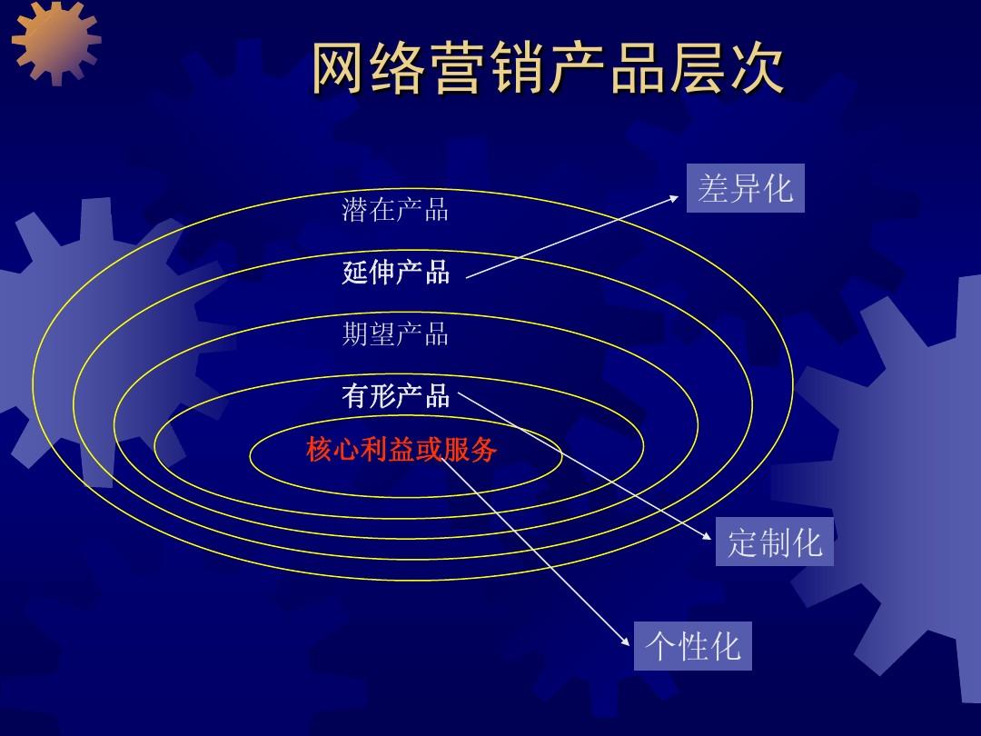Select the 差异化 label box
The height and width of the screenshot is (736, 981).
tap(745, 188)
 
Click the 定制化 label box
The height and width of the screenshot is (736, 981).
tap(774, 542)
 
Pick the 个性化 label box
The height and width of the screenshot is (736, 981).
tap(692, 645)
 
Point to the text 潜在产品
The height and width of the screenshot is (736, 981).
tap(395, 210)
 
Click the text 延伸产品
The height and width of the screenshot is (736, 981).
tap(395, 272)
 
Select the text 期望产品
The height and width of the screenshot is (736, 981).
tap(395, 334)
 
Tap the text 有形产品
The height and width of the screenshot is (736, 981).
tap(395, 396)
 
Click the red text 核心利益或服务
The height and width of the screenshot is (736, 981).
tap(401, 449)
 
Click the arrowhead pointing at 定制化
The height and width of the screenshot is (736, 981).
tap(708, 537)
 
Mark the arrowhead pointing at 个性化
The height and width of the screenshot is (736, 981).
tap(626, 642)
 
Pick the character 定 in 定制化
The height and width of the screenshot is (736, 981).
tap(741, 542)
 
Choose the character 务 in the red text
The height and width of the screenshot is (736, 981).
tap(483, 449)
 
